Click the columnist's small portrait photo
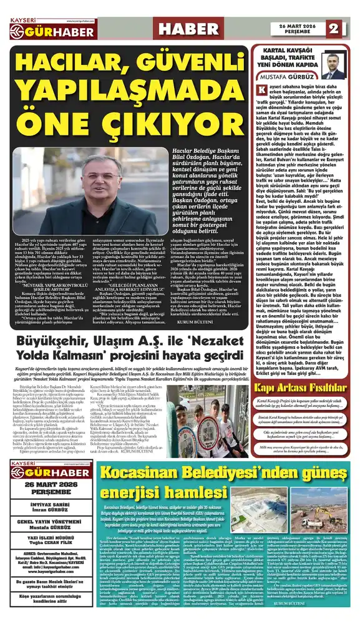[x=333, y=66]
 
